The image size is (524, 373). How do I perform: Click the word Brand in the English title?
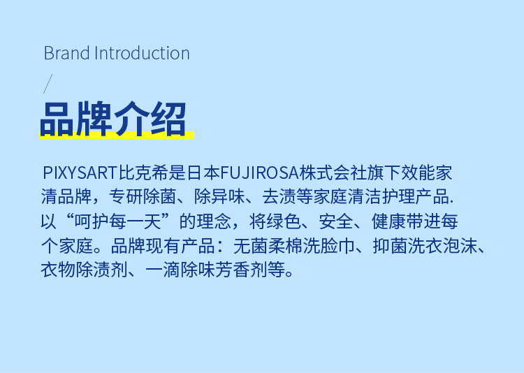pos(67,53)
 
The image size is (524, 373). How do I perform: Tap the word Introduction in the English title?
pos(142,53)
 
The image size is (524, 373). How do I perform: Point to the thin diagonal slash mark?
pos(48,84)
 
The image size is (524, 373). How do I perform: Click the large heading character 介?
pos(131,119)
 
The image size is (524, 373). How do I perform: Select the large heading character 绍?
pos(168,119)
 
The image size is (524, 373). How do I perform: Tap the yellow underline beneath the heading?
pos(117,135)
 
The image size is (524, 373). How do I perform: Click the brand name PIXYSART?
pos(80,173)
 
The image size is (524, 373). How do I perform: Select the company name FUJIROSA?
pos(259,173)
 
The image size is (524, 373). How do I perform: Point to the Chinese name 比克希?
pos(143,173)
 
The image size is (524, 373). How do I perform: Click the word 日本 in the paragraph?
pos(203,173)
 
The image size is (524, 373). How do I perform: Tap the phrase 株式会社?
pos(333,173)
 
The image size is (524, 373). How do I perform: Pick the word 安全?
pos(336,221)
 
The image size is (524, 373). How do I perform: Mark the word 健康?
pos(388,221)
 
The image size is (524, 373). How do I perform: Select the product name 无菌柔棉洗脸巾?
pos(294,246)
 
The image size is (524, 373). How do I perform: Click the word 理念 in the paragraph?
pos(214,221)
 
